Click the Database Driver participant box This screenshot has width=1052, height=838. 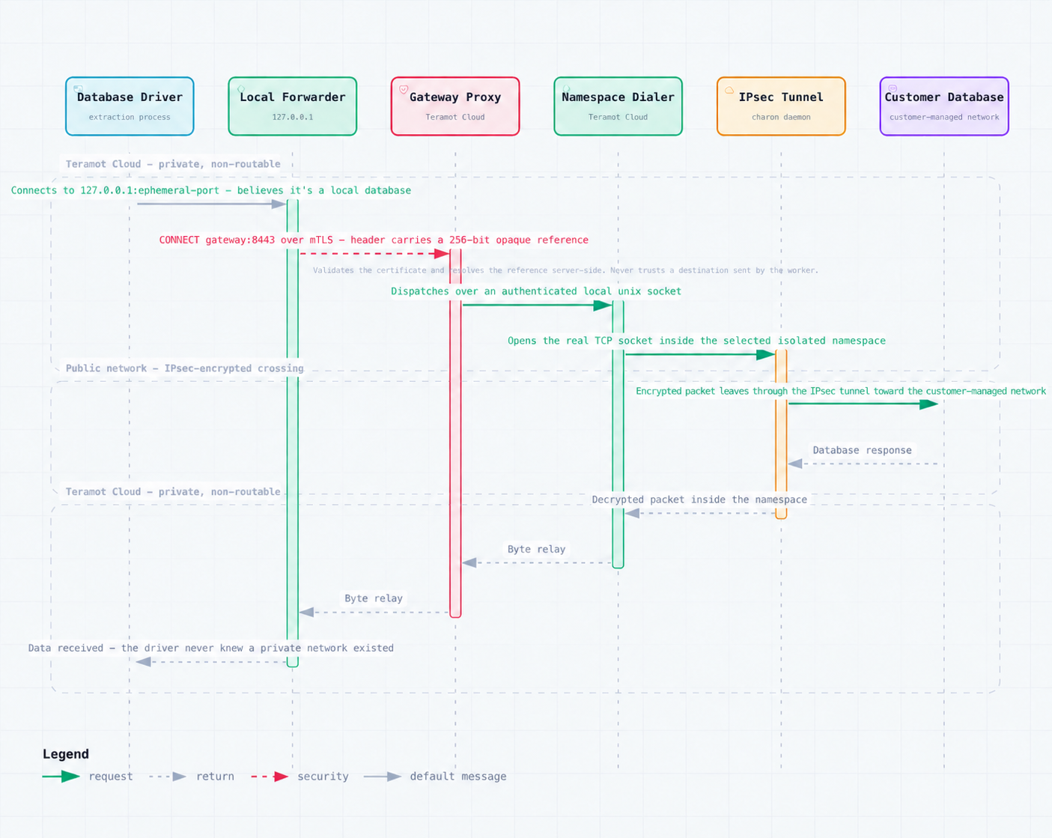point(130,106)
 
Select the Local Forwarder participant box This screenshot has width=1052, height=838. point(292,106)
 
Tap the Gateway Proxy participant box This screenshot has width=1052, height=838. point(455,106)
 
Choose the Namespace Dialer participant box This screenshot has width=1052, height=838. point(618,106)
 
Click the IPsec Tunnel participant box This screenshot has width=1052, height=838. point(781,106)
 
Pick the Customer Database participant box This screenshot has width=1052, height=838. point(944,106)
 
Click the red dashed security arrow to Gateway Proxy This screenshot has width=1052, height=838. point(374,253)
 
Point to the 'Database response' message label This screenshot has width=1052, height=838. point(862,450)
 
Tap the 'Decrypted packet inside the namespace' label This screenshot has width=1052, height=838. point(699,500)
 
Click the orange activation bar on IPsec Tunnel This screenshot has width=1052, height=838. point(781,434)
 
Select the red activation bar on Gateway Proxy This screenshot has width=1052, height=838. point(455,433)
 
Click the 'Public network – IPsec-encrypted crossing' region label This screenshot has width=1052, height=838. point(184,368)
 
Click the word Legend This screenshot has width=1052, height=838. point(65,754)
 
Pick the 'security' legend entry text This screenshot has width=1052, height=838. point(323,777)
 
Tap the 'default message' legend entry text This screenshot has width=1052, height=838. point(458,777)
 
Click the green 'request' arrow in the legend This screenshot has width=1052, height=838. point(61,777)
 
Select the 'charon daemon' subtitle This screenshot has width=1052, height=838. point(781,117)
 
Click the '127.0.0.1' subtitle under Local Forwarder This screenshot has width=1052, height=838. point(292,117)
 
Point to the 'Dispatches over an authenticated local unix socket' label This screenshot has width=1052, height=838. point(536,291)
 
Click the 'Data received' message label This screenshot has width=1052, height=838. point(210,648)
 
